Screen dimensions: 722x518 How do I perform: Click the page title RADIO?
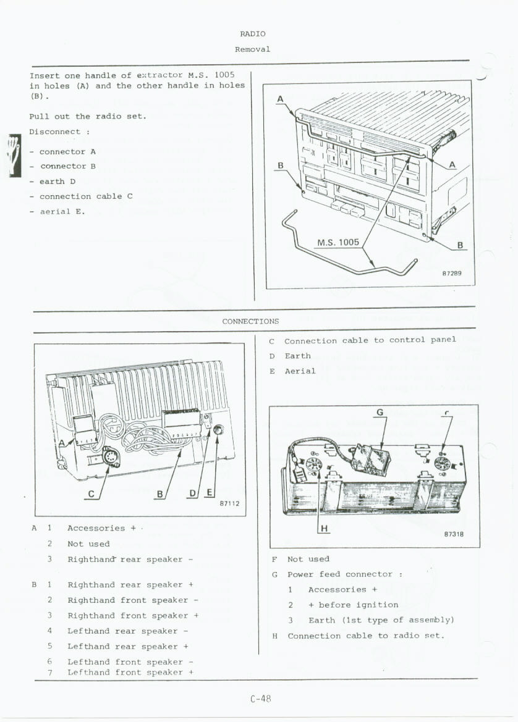(x=252, y=34)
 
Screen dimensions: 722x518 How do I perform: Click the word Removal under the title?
(x=252, y=49)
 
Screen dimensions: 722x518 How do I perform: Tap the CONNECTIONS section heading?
(x=250, y=321)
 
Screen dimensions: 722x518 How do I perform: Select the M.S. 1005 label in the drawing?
(x=338, y=242)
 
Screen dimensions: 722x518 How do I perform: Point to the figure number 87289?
(x=451, y=273)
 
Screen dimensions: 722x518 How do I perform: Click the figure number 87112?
(x=229, y=503)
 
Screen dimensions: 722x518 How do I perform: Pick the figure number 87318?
(x=454, y=535)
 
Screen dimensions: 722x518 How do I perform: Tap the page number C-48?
(x=261, y=699)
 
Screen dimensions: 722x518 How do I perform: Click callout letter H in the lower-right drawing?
(x=325, y=528)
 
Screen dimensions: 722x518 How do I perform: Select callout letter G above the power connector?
(x=380, y=412)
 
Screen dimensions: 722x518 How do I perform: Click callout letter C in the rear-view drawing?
(x=91, y=493)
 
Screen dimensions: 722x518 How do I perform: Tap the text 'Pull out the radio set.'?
(x=88, y=116)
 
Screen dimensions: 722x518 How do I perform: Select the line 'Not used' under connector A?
(x=88, y=544)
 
